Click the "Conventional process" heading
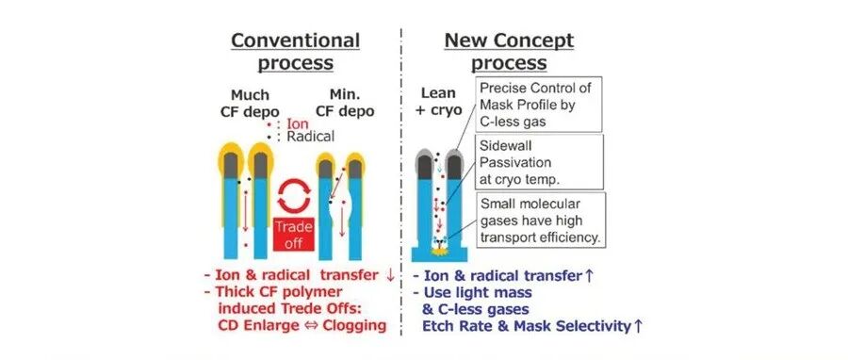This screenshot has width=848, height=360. [295, 52]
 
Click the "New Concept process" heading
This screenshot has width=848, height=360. [509, 52]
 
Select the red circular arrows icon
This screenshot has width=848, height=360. [294, 196]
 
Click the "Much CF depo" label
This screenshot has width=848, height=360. [250, 104]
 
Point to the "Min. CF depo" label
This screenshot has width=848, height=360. [344, 104]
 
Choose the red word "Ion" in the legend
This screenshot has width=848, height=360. [297, 124]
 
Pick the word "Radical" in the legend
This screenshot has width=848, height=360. [310, 137]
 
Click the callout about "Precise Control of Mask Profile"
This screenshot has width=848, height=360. [538, 105]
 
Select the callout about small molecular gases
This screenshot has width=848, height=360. [541, 220]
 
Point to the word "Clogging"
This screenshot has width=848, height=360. [355, 326]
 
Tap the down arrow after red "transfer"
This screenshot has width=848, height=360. [390, 275]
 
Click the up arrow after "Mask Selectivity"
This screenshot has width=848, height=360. [638, 326]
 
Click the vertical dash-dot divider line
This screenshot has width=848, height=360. [400, 181]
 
